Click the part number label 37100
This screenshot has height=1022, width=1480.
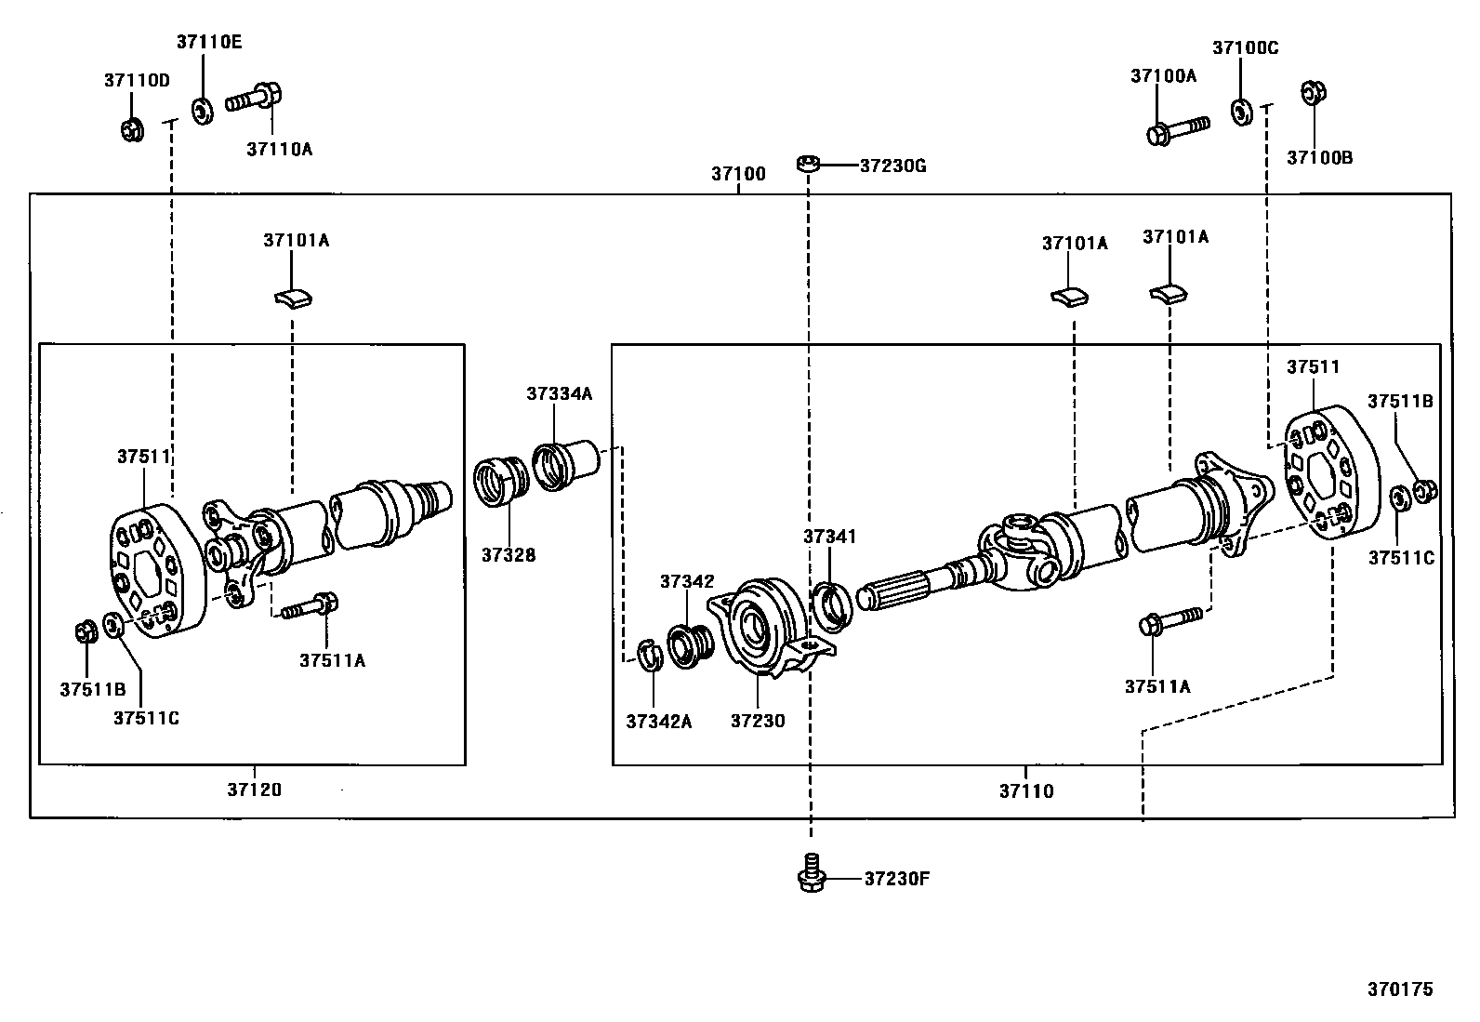click(738, 174)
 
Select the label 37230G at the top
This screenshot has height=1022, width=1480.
click(892, 166)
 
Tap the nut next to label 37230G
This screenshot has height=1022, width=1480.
click(808, 165)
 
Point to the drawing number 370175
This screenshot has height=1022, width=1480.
click(1400, 989)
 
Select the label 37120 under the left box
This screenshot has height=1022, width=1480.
click(254, 790)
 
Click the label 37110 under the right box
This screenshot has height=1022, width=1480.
click(1026, 791)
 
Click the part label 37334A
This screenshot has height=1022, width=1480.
click(559, 393)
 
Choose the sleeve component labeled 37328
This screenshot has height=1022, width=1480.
click(502, 482)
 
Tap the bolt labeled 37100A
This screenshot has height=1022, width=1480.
click(1177, 129)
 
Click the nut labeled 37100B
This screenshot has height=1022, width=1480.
click(1314, 93)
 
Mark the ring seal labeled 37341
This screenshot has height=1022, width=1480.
click(831, 604)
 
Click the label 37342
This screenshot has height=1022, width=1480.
click(687, 582)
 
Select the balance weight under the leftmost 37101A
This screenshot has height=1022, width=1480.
click(293, 298)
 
